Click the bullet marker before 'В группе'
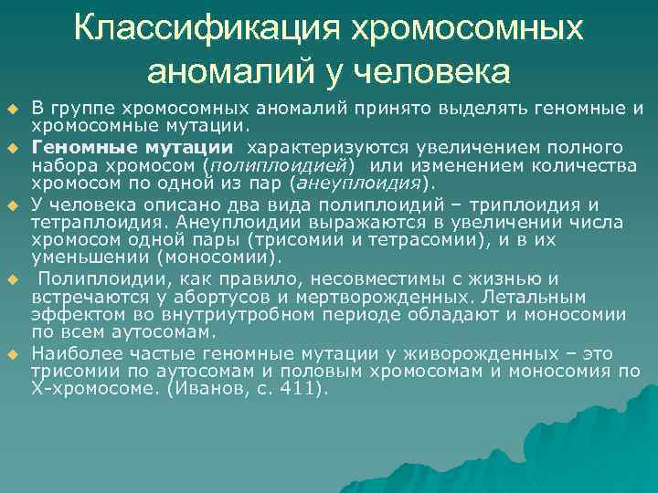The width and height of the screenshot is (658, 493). [x=14, y=110]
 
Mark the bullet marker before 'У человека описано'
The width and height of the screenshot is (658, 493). [x=14, y=204]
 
